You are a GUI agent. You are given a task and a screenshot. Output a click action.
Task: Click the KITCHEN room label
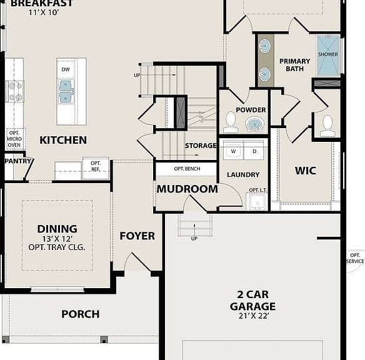tap(63, 140)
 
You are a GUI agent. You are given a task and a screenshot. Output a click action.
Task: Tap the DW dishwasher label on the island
tap(66, 69)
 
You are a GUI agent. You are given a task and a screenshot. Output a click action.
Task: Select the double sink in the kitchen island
tap(66, 91)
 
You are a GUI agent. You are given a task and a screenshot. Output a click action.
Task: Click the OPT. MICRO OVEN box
tap(14, 139)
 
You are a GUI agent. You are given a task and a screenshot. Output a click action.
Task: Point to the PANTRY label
tap(18, 161)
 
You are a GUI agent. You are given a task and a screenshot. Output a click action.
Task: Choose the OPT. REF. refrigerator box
tap(96, 168)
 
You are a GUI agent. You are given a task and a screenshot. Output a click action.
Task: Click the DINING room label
tap(57, 229)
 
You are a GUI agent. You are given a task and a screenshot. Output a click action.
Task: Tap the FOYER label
tap(137, 236)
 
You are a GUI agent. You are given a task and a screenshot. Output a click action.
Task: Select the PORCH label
tap(81, 314)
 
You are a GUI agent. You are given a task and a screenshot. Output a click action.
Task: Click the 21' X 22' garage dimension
tap(254, 316)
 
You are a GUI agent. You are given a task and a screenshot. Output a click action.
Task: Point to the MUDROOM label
tap(187, 189)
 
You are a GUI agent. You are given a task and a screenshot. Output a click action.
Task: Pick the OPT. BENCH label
tap(187, 169)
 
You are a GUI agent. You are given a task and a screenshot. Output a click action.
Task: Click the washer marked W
tap(233, 151)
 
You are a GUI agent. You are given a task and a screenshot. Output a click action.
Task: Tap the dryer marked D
tap(254, 151)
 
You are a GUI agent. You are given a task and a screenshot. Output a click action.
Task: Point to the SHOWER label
tap(328, 54)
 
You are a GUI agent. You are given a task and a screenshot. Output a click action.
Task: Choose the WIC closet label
tap(306, 171)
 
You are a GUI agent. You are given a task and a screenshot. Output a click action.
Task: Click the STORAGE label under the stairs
tap(201, 146)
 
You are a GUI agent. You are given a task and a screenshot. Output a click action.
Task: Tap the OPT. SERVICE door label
tap(355, 258)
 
